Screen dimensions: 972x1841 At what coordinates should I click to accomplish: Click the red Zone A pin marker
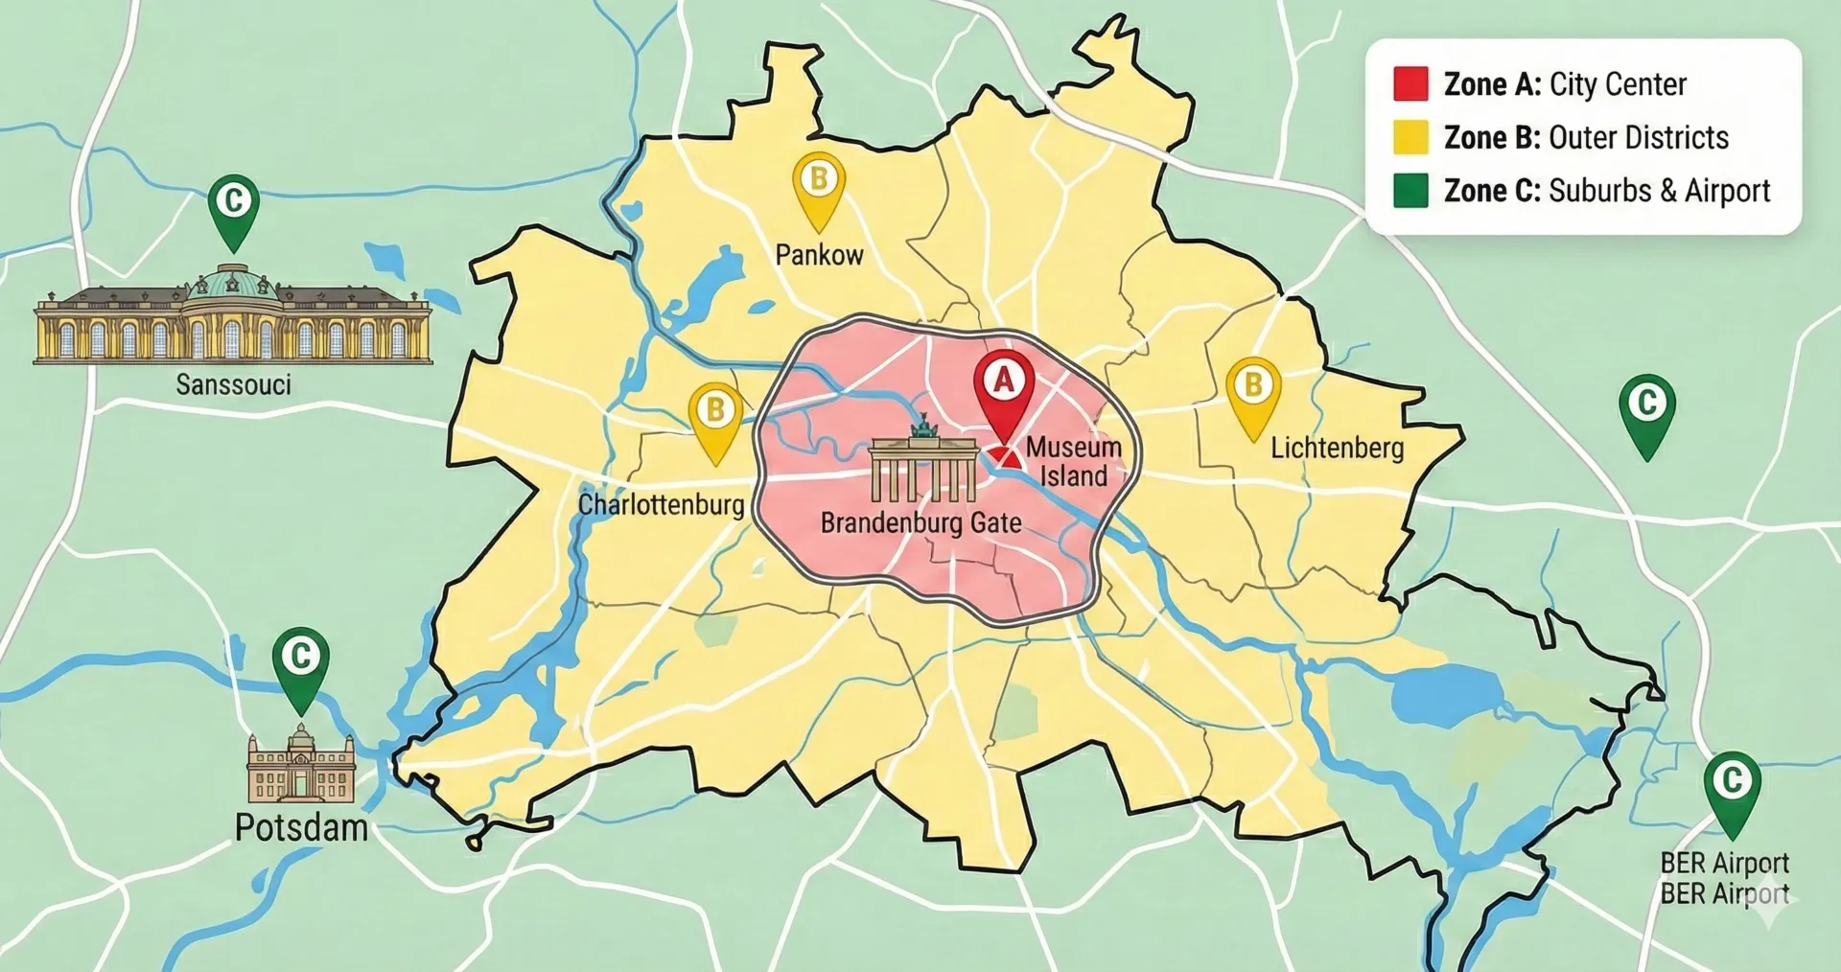(x=1003, y=383)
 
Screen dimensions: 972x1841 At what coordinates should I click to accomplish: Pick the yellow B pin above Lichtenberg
(x=1253, y=388)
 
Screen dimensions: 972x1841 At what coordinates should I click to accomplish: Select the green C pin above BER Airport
(x=1732, y=783)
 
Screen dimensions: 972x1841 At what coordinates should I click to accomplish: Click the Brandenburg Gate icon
(x=923, y=464)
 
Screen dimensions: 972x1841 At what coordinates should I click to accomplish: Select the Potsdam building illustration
(x=301, y=765)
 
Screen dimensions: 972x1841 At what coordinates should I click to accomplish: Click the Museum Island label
(x=1073, y=462)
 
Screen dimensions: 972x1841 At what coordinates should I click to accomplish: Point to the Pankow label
(x=819, y=255)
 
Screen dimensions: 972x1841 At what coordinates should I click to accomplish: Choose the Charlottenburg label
(x=661, y=504)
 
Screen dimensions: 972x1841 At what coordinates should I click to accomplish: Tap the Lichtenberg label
(x=1337, y=448)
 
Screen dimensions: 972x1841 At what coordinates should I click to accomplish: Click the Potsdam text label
(x=301, y=827)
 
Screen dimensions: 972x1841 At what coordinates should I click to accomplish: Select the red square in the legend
(x=1410, y=84)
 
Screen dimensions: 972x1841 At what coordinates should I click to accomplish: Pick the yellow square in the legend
(x=1410, y=137)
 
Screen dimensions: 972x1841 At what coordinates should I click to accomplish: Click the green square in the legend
(x=1410, y=191)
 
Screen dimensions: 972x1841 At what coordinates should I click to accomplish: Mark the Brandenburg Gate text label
(x=920, y=523)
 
